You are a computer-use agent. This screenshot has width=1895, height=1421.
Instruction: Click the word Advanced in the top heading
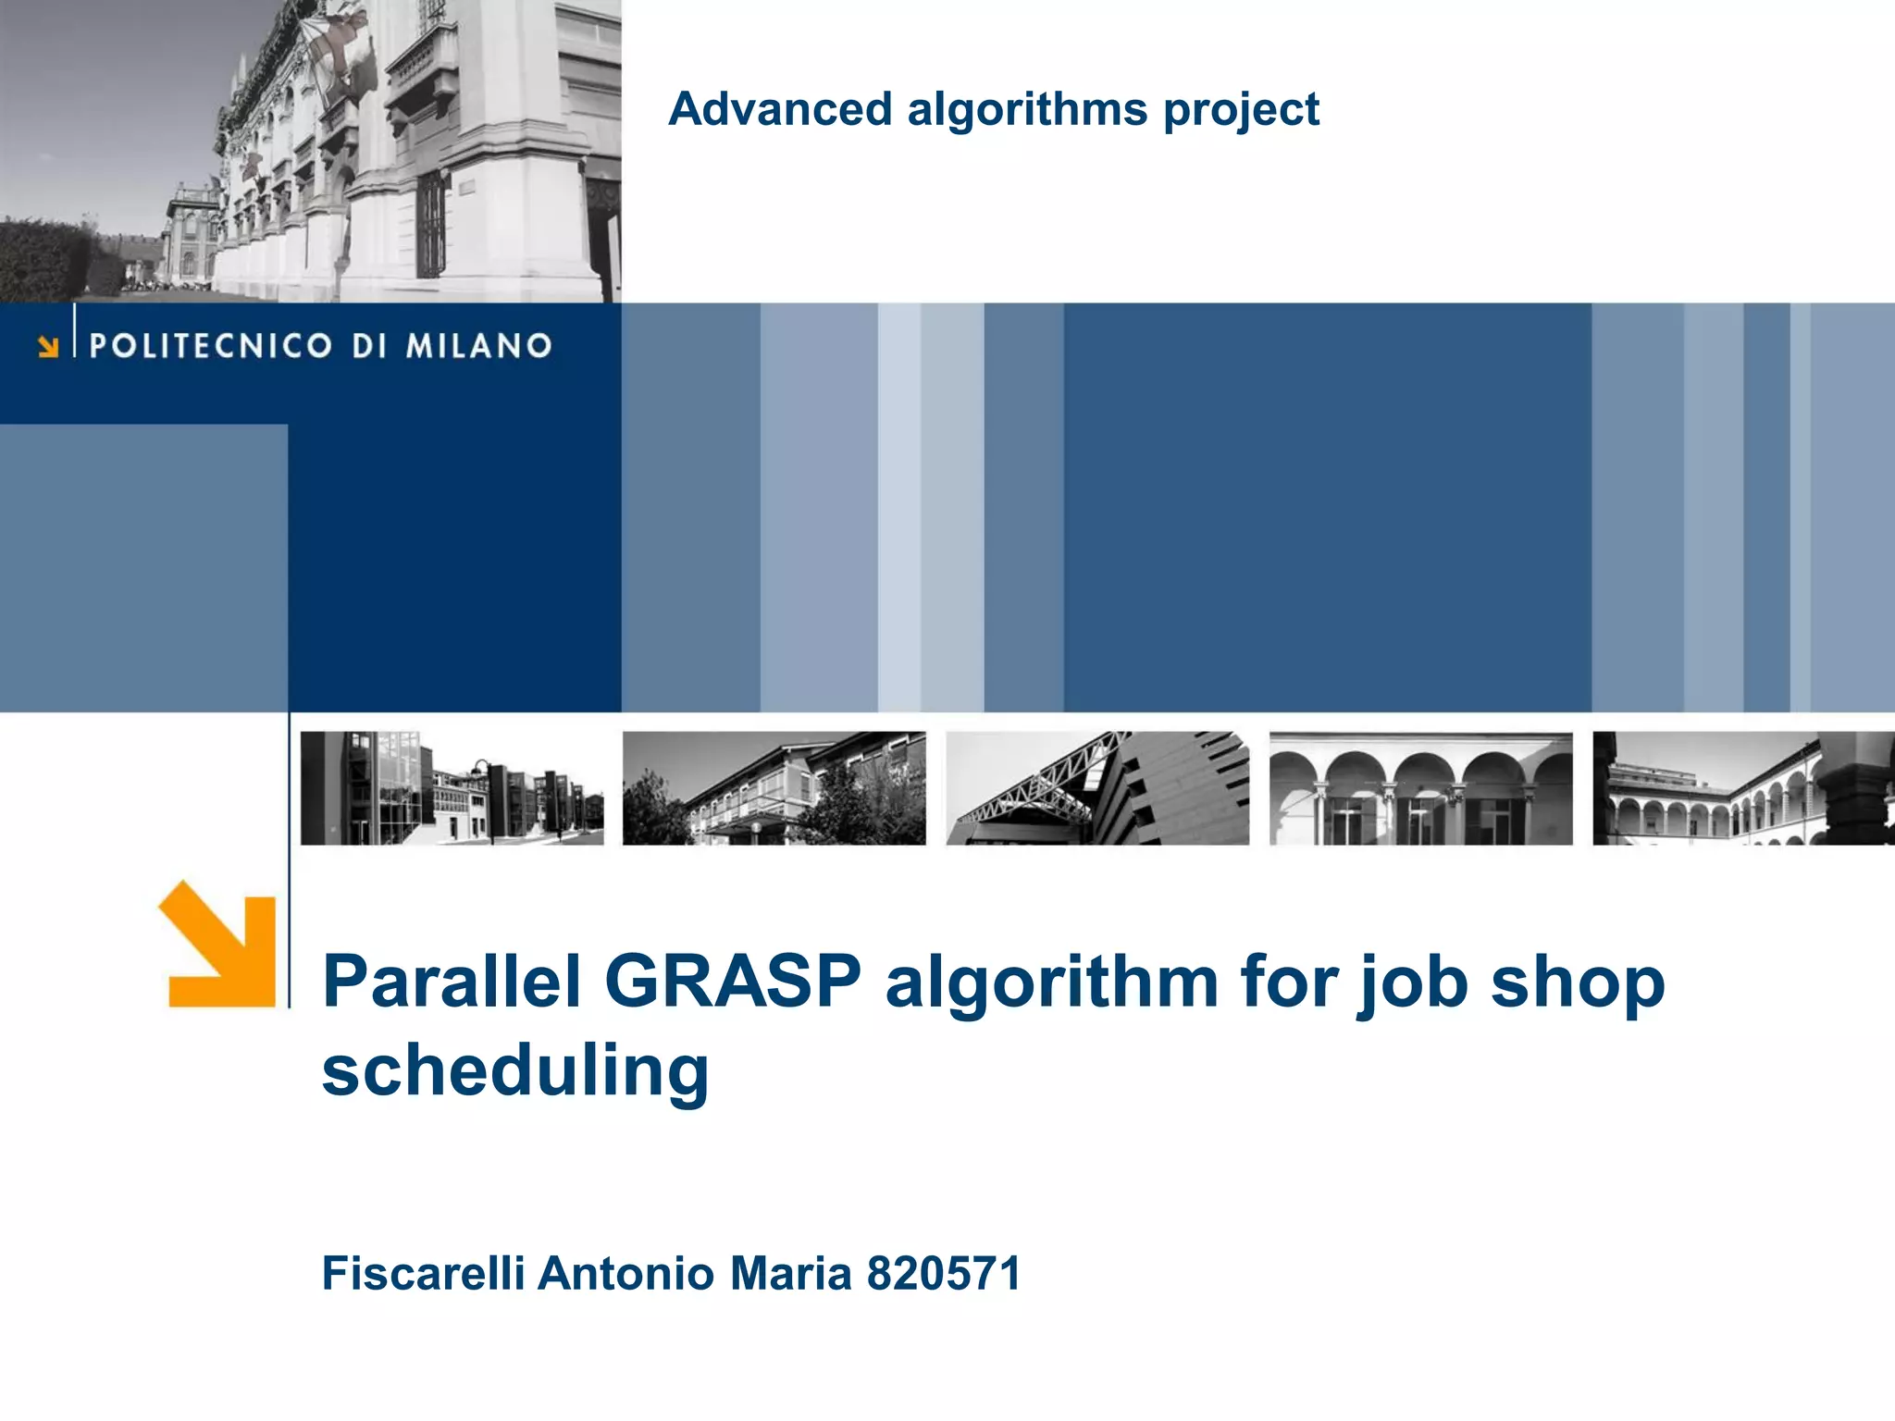780,109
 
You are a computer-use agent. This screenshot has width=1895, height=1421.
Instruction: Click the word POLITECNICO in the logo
210,346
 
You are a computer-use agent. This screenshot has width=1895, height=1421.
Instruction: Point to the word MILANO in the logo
478,346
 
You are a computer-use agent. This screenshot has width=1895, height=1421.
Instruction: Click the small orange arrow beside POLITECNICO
48,347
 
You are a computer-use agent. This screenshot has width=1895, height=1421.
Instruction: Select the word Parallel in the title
452,981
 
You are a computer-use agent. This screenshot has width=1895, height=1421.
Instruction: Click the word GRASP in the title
733,981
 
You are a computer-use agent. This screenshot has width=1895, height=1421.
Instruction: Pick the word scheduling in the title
515,1071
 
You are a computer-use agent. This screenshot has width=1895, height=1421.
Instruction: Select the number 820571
944,1273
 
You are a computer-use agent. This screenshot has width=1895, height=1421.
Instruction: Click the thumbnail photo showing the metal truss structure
1097,788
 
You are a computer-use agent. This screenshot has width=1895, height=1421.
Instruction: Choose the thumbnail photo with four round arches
1420,788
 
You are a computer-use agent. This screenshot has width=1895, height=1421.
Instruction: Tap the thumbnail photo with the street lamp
452,788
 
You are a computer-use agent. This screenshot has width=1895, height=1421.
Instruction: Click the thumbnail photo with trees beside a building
774,788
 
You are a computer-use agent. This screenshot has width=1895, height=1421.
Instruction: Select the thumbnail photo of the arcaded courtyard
1743,788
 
